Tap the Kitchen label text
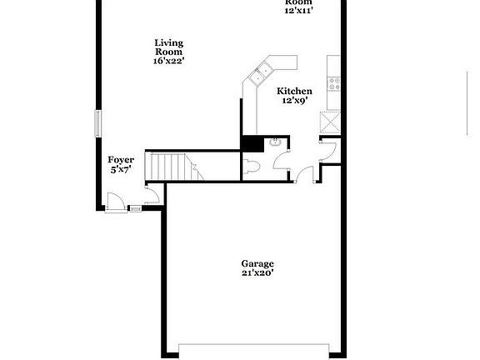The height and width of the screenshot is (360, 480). point(294,91)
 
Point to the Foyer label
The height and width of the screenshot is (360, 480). point(121,159)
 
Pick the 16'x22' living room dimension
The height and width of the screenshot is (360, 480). point(168,60)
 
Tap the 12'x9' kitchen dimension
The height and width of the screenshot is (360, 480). point(294,100)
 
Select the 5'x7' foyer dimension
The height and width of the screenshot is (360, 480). point(121,169)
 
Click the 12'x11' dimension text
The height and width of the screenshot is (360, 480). point(298,11)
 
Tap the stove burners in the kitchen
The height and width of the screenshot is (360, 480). point(334,83)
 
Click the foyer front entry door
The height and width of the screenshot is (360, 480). point(116,202)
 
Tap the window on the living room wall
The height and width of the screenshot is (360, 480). point(98,123)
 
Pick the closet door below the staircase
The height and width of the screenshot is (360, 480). point(153,197)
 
